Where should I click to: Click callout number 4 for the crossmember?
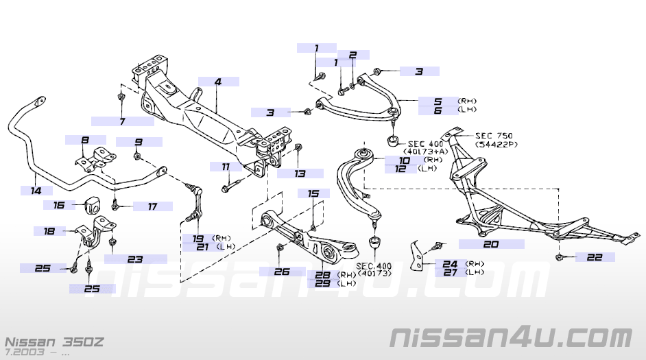pos(217,82)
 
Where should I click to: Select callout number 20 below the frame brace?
pos(490,243)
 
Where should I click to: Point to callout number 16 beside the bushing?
pos(59,204)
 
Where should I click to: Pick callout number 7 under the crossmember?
pos(122,121)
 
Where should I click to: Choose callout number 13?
pos(300,173)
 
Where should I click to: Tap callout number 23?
pos(134,259)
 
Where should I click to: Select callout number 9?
pos(138,142)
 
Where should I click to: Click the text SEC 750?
pos(494,136)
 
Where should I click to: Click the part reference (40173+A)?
pos(427,152)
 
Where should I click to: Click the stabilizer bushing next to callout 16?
pos(95,204)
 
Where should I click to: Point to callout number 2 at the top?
pos(353,55)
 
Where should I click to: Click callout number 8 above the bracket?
pos(85,140)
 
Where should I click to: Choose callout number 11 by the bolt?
pos(226,167)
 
